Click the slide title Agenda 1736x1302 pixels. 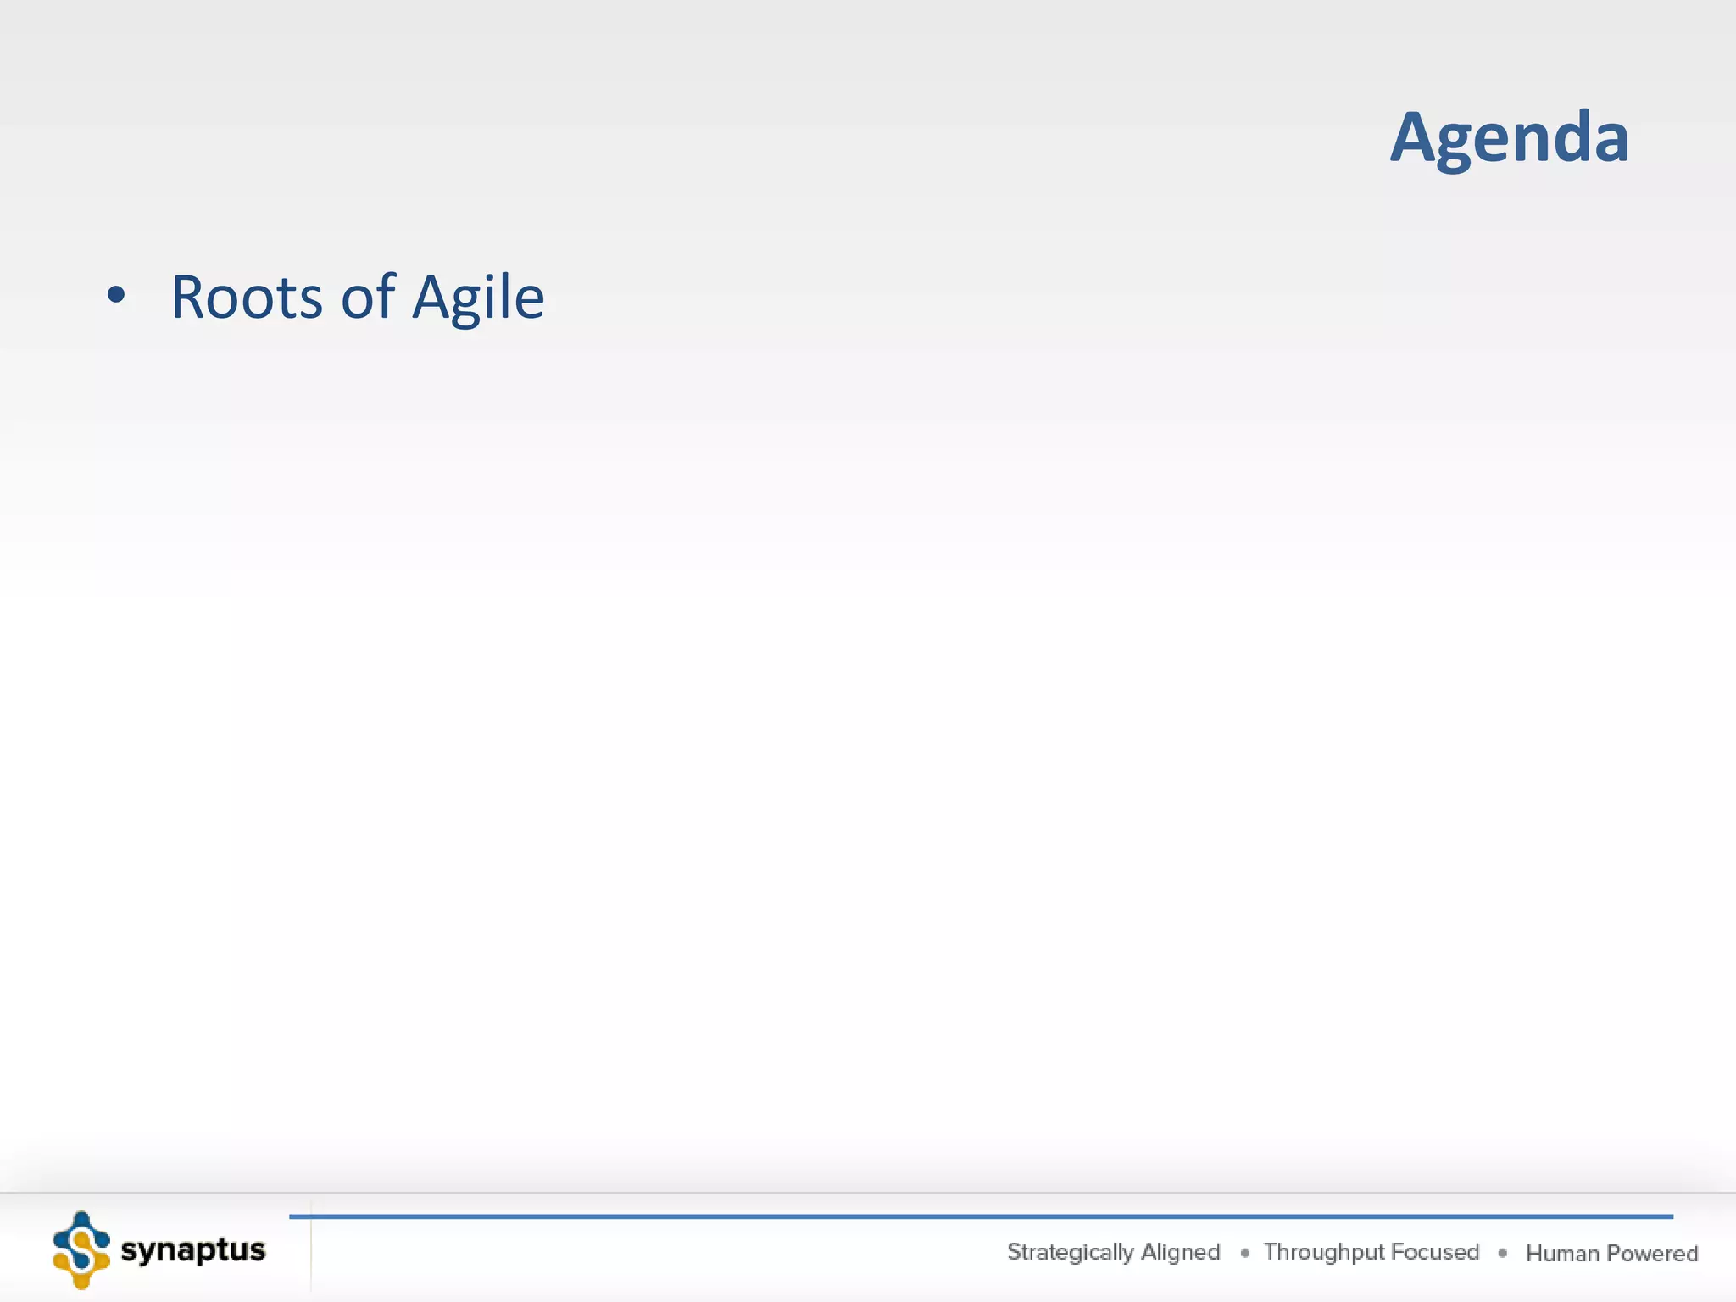[1509, 137]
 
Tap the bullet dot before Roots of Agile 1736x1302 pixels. [116, 295]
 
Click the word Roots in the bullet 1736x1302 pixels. [247, 298]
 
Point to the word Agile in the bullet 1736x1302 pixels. [478, 299]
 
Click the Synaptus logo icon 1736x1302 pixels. [81, 1250]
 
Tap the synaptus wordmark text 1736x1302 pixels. [193, 1250]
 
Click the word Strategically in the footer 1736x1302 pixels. [1070, 1253]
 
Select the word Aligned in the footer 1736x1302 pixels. [1181, 1253]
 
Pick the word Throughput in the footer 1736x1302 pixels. [1323, 1253]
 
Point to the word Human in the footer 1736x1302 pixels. [1562, 1254]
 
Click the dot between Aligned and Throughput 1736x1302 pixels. [1244, 1253]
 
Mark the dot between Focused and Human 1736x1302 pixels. [1503, 1253]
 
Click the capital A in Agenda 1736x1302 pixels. [1418, 137]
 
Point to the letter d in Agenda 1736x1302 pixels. [1568, 136]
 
